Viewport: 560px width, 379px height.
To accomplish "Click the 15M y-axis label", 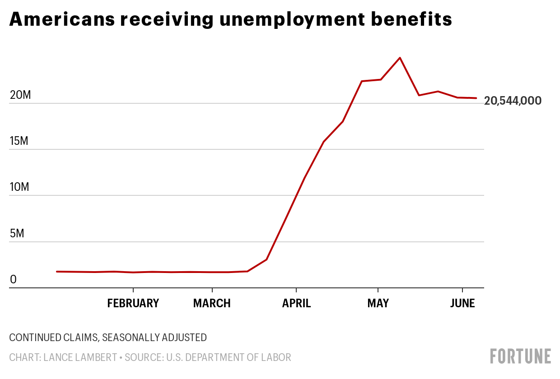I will click(x=19, y=141).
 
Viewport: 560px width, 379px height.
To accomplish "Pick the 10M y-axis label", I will click(x=19, y=187).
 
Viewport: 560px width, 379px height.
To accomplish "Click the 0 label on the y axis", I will click(x=13, y=280).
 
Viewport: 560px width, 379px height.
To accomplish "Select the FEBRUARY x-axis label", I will click(x=133, y=303).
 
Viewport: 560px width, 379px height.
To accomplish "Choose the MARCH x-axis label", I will click(x=212, y=303).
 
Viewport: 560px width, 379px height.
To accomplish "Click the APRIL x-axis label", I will click(x=296, y=303).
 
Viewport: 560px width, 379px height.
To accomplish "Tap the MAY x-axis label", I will click(x=378, y=303).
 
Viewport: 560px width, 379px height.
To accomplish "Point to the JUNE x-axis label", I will click(x=462, y=303).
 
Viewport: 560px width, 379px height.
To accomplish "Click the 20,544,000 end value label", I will click(x=513, y=101).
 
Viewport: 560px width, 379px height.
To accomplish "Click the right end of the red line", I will click(x=476, y=98).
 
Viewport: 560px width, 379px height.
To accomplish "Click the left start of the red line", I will click(x=57, y=272).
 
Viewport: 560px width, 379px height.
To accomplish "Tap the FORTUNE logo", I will click(x=521, y=356).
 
